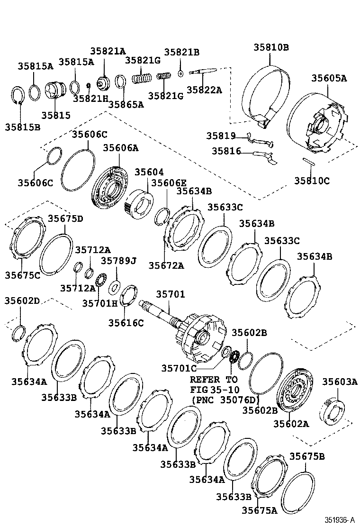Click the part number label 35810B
(x=270, y=48)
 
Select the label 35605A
(x=329, y=78)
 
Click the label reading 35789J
(x=118, y=261)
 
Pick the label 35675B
(x=307, y=456)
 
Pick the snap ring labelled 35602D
(x=18, y=332)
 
